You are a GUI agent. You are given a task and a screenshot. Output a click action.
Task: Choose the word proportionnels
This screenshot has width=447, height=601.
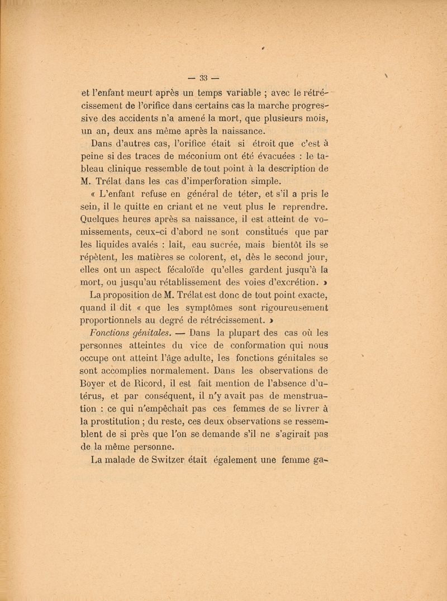(124, 320)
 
